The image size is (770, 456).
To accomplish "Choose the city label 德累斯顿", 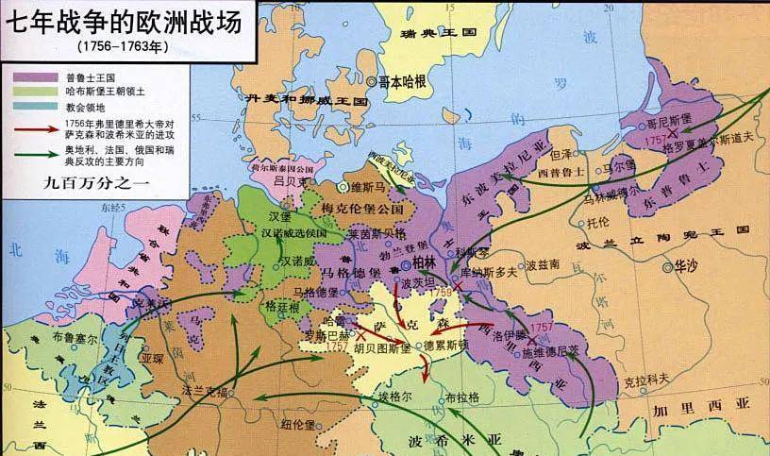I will coord(442,346).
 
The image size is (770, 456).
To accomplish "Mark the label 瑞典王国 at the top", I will coord(439,32).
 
